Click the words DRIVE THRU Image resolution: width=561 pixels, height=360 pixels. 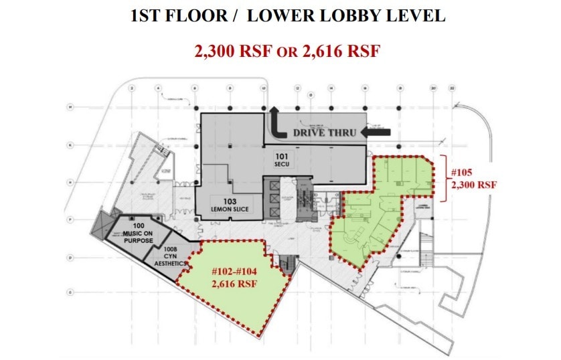click(323, 132)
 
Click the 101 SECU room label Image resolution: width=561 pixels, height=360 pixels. click(282, 161)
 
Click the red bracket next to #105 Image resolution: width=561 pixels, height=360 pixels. click(445, 177)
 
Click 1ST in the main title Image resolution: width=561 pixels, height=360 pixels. click(148, 15)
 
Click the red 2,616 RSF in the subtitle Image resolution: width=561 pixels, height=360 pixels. click(343, 51)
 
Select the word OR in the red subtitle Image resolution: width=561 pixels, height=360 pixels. click(287, 52)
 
